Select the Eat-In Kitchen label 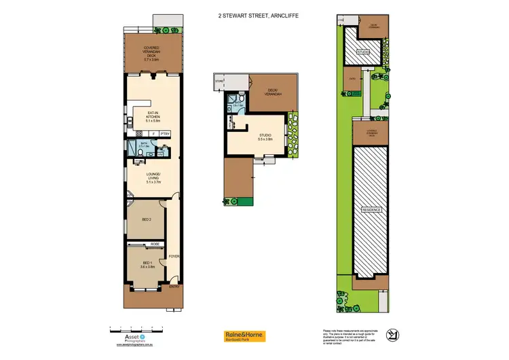tap(152, 117)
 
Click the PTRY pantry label tap(165, 134)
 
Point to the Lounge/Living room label tap(152, 179)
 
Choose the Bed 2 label tap(146, 220)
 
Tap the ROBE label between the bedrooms tap(155, 242)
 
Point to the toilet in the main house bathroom tap(138, 154)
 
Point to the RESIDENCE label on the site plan tap(371, 210)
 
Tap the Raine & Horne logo tap(244, 336)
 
